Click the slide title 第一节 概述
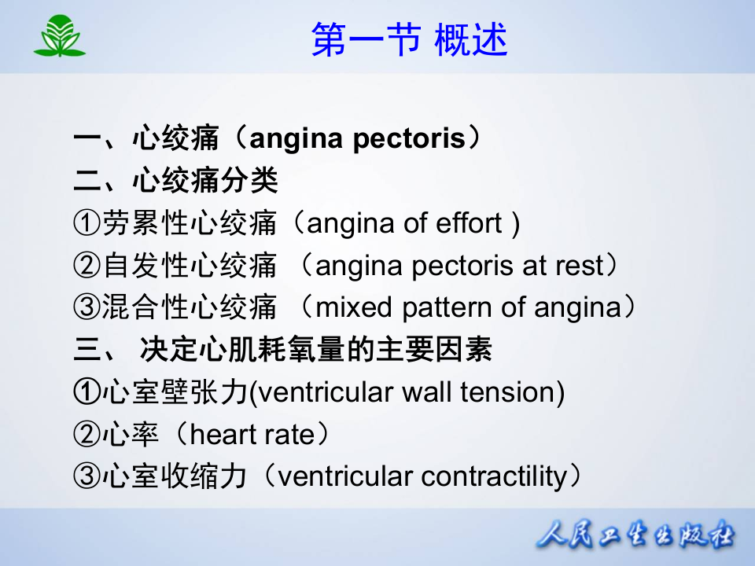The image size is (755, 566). coord(409,40)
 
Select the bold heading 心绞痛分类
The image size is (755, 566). coord(205,182)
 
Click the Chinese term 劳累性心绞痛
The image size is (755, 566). coord(189,224)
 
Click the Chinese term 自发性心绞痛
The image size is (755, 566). coord(189,266)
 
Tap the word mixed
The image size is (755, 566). coord(355,308)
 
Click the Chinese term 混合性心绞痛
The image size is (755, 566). coord(189,308)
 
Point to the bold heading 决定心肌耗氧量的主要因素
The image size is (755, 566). coord(316,350)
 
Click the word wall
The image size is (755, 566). coord(426,392)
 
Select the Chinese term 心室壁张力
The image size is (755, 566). coord(175,392)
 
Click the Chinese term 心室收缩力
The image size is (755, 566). coord(175,476)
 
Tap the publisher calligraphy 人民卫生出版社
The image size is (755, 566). coord(635,537)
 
